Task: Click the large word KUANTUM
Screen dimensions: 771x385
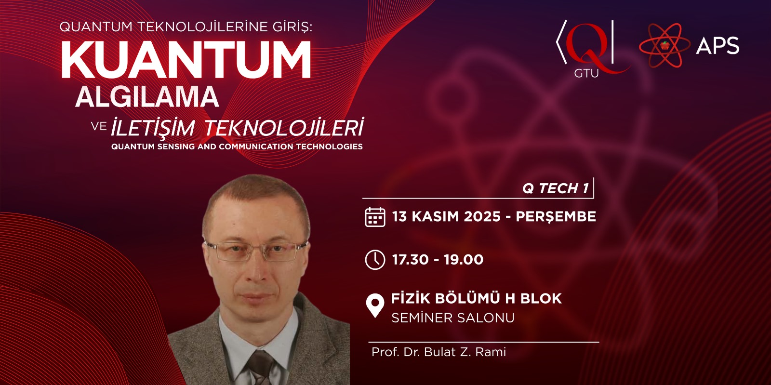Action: click(186, 60)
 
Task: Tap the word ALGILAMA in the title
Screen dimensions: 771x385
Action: click(147, 97)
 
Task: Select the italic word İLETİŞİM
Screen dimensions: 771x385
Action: click(153, 127)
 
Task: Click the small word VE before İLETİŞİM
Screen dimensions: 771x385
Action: click(99, 127)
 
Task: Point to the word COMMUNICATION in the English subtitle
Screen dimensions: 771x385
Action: click(256, 146)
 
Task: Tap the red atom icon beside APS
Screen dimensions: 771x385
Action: click(665, 45)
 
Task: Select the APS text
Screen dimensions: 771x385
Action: click(718, 46)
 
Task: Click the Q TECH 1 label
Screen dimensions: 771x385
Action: click(555, 188)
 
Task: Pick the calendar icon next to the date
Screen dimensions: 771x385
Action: click(375, 217)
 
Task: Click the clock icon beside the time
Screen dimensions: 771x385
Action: click(375, 260)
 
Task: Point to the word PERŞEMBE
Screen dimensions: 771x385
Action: click(556, 217)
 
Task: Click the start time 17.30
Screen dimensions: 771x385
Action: click(410, 259)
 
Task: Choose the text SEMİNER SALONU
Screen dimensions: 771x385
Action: click(453, 318)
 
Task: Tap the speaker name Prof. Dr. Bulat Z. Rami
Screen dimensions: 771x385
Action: click(439, 352)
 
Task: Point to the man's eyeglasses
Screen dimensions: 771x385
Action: click(255, 251)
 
